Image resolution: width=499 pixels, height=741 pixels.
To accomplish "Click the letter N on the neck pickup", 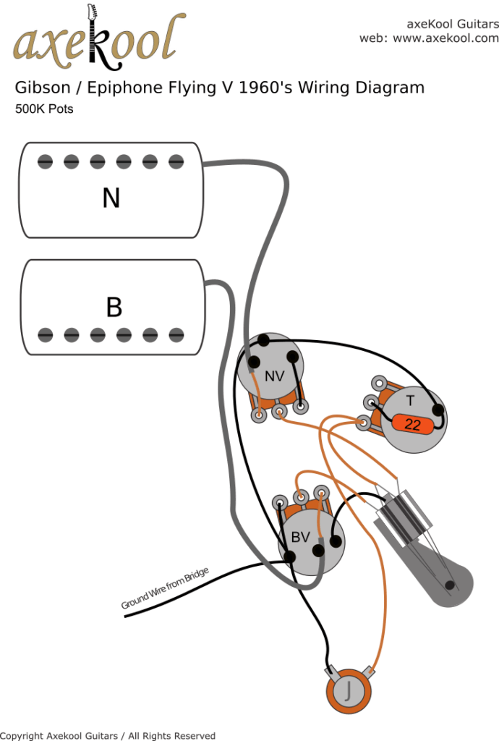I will tap(111, 198).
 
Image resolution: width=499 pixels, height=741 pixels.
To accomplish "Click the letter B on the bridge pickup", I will tap(114, 307).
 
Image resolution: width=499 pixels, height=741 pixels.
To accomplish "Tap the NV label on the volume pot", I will tap(274, 376).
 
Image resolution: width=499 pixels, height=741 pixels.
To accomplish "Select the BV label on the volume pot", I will tap(300, 537).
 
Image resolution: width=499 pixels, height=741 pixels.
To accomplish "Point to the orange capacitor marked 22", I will tap(412, 424).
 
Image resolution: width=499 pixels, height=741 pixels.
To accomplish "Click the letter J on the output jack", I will tap(350, 690).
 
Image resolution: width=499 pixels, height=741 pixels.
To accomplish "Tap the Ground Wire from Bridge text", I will tap(165, 588).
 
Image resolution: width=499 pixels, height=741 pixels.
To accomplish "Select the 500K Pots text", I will tap(44, 110).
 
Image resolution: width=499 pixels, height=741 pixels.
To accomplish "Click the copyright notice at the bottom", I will tap(108, 735).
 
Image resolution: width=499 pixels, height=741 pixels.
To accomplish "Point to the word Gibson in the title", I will tap(42, 88).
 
